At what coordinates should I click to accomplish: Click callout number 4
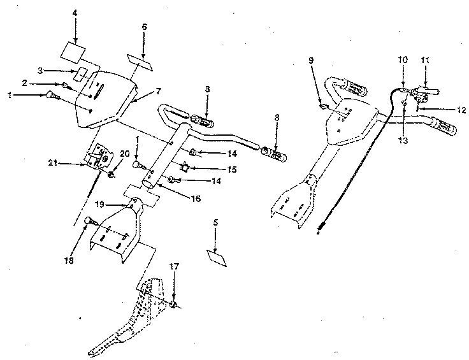(75, 13)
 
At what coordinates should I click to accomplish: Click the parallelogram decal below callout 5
(217, 257)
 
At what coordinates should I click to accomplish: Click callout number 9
(311, 60)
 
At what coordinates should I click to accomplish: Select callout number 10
(402, 60)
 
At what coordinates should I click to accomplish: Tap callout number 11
(425, 60)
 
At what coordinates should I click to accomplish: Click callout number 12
(461, 110)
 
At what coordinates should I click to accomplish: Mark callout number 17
(173, 266)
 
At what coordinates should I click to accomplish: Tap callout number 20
(124, 154)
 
